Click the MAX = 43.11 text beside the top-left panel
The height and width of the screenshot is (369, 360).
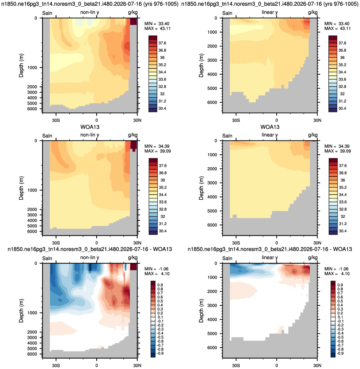(x=157, y=29)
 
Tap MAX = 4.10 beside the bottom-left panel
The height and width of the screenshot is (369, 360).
(x=157, y=274)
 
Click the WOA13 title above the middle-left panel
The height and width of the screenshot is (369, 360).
(x=90, y=127)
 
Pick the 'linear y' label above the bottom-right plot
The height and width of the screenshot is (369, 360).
(x=269, y=258)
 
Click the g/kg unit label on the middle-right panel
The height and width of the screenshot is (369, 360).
(x=313, y=135)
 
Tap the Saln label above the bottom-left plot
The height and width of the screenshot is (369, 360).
(x=47, y=258)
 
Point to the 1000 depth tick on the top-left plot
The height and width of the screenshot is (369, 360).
(x=32, y=68)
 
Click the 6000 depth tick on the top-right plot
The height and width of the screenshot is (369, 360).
(x=212, y=102)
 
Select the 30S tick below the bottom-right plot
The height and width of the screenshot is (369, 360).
(x=236, y=366)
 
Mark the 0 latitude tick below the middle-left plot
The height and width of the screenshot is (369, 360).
(x=97, y=243)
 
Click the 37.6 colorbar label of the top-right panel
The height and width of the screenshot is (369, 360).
(x=342, y=43)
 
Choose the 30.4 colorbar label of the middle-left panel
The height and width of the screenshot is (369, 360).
(x=162, y=231)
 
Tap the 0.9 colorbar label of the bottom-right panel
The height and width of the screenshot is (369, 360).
(x=340, y=285)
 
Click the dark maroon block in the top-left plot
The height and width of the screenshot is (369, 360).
(x=133, y=22)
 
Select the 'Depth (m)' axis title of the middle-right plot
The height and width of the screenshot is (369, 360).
(x=201, y=188)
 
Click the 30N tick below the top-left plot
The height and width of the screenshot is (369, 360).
(x=137, y=120)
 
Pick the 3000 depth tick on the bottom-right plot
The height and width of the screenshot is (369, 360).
(x=212, y=306)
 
